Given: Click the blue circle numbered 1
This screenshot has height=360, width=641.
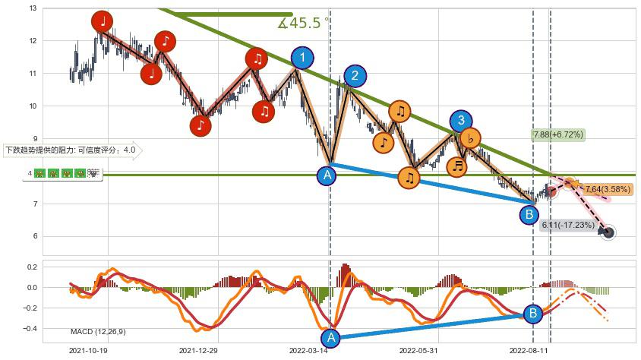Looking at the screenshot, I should [x=302, y=58].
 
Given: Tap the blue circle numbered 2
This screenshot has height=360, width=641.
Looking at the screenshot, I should [x=354, y=75].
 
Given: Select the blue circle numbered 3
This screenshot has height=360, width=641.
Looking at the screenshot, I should [x=460, y=121].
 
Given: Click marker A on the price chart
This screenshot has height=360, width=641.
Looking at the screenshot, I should [x=327, y=175].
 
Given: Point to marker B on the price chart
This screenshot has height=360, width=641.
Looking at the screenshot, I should [x=529, y=215].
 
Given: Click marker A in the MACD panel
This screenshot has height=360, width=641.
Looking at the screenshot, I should [x=330, y=338].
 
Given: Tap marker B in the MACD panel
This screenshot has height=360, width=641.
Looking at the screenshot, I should [x=533, y=313].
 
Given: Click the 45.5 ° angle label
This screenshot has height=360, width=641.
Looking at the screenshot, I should [x=303, y=24].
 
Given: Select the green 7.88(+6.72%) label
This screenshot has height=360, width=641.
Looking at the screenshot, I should [x=557, y=134].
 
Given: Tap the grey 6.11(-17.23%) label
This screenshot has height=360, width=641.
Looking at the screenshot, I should [x=567, y=225].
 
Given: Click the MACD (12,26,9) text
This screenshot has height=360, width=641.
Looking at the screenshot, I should [x=98, y=331].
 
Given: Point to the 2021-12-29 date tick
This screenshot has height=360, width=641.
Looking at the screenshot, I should [x=198, y=351].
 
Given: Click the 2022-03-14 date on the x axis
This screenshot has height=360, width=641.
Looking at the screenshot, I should [x=308, y=351].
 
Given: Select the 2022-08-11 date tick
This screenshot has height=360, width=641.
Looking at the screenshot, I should [x=529, y=351].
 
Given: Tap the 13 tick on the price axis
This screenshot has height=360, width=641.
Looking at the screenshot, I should [x=33, y=8].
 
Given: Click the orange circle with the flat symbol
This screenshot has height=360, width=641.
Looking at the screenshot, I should [x=470, y=139].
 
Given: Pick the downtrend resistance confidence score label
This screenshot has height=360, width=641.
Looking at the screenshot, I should [x=71, y=150].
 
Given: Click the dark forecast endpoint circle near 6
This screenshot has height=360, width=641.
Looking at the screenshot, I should [x=608, y=232].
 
